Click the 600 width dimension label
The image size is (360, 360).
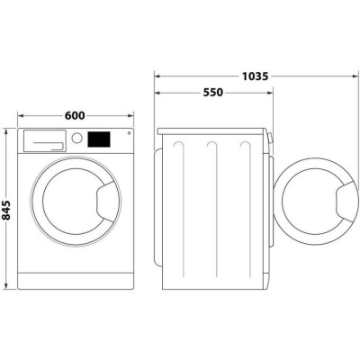tap(75, 115)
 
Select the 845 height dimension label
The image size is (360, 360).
tap(8, 209)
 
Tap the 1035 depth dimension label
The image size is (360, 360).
tap(255, 76)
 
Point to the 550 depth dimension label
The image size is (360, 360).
tap(213, 93)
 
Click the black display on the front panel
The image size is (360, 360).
tap(98, 140)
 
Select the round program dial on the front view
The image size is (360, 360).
tap(77, 139)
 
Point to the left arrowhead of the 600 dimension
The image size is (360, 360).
tap(21, 115)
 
